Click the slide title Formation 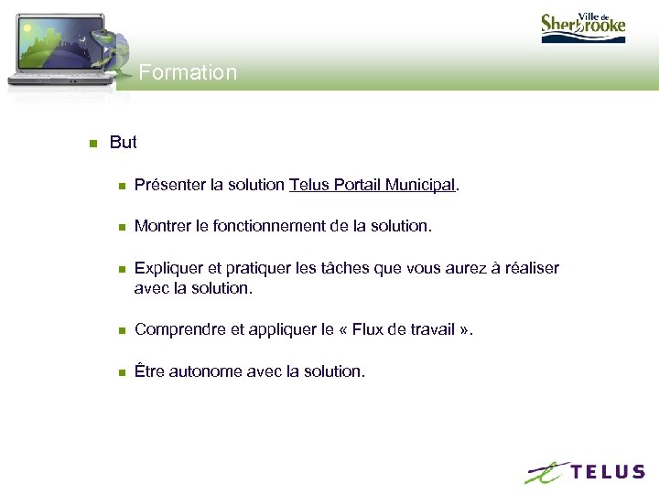click(x=188, y=72)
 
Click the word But click(x=123, y=142)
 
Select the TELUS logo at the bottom click(x=585, y=472)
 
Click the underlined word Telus click(x=308, y=185)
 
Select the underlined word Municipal click(x=419, y=185)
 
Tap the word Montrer click(x=161, y=226)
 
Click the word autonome click(x=211, y=371)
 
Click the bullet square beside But click(x=93, y=143)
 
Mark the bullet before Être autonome click(x=120, y=372)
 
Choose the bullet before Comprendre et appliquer click(x=120, y=330)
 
